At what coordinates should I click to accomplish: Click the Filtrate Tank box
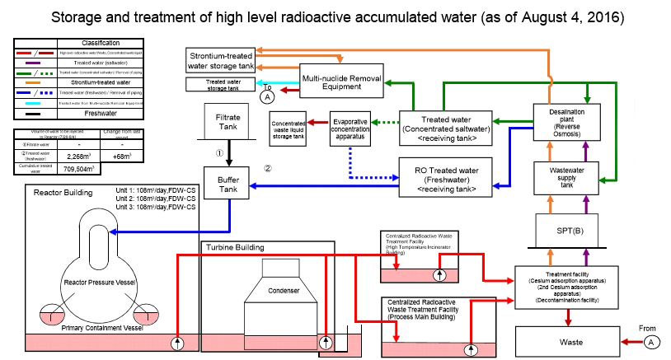click(x=221, y=123)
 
